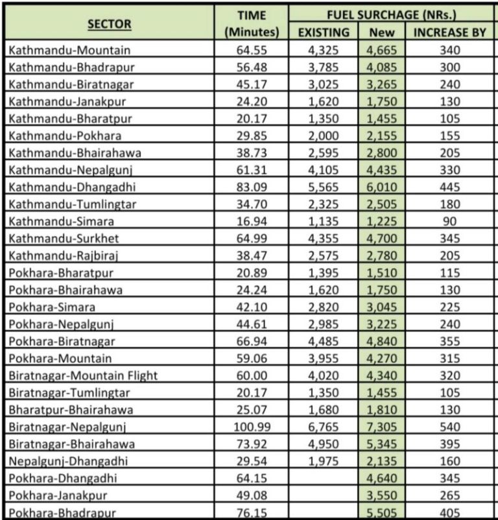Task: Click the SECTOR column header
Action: [x=110, y=25]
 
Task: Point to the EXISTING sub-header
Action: [x=324, y=32]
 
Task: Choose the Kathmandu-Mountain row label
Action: [x=71, y=50]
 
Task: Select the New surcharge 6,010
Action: [x=381, y=187]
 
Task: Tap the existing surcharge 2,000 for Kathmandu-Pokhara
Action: [x=324, y=136]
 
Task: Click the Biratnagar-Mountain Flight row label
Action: [x=84, y=375]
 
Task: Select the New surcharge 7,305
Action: [x=381, y=427]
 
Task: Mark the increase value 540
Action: [x=449, y=427]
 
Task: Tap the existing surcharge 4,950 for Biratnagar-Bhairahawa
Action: [x=324, y=444]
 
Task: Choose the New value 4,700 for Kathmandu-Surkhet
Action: [x=381, y=239]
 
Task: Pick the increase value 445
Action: [x=449, y=187]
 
